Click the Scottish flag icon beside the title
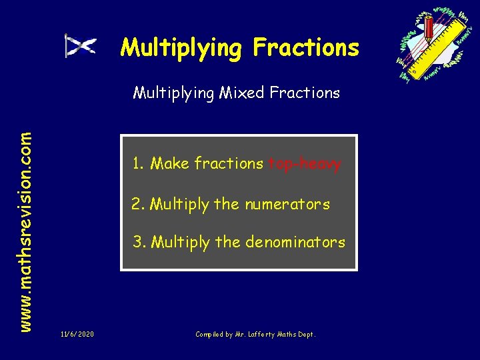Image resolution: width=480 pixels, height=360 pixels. tap(80, 45)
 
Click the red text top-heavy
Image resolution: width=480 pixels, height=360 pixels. tap(304, 164)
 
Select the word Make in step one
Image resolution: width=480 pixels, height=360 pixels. tap(170, 164)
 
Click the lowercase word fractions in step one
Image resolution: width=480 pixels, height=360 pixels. tap(229, 164)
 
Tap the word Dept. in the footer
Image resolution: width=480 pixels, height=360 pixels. tap(305, 333)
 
